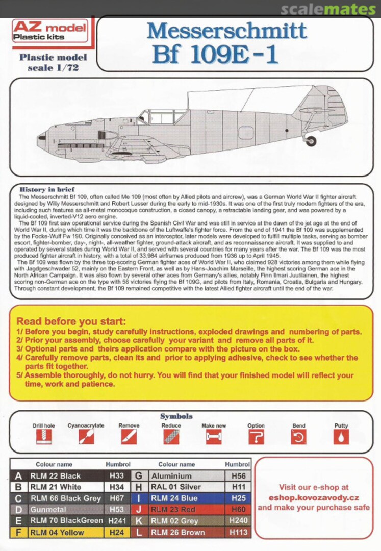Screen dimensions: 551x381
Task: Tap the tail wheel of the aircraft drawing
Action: (311, 141)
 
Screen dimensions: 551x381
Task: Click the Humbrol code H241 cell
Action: (117, 520)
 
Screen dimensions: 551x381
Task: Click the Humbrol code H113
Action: (238, 532)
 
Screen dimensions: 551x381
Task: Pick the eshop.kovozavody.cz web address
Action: (314, 497)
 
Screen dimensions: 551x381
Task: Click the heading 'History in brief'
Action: (47, 189)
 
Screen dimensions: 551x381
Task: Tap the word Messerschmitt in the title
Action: (227, 32)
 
